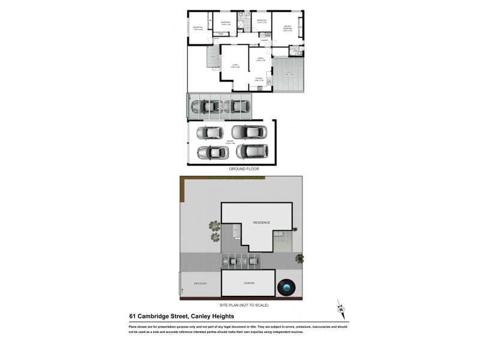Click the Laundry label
tap(263, 41)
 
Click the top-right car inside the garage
tap(245, 131)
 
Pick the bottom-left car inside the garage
tap(209, 152)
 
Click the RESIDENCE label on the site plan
tap(261, 223)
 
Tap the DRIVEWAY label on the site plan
tap(200, 283)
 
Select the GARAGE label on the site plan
tap(249, 283)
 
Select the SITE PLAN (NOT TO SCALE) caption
tap(244, 305)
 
